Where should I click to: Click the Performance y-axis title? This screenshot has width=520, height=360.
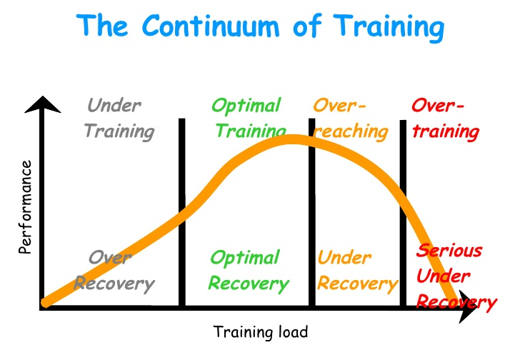tap(26, 207)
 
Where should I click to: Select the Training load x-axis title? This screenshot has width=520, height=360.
tap(261, 332)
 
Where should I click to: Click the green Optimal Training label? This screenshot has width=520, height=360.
tap(248, 119)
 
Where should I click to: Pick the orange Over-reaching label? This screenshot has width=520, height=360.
tap(350, 119)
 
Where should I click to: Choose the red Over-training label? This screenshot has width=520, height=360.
tap(444, 119)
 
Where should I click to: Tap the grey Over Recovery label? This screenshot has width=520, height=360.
tap(114, 271)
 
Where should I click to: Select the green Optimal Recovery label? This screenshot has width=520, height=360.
tap(248, 271)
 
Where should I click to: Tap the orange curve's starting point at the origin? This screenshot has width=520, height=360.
tap(46, 302)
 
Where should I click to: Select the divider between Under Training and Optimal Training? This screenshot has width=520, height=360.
tap(181, 214)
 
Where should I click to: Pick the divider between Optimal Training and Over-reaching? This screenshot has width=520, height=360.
tap(311, 214)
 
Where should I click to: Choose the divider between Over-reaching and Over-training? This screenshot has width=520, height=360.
tap(404, 214)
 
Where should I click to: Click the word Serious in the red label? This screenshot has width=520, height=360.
tap(449, 251)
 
